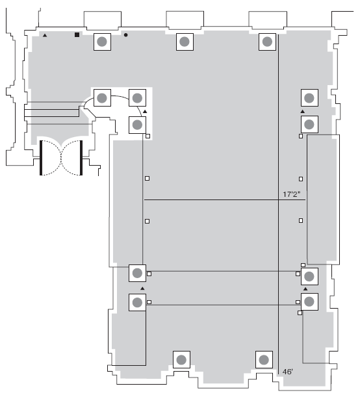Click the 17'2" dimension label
291,194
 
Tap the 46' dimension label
288,372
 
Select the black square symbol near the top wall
77,34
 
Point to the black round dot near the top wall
126,35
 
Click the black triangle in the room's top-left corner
45,36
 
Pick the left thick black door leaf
41,158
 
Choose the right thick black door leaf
81,158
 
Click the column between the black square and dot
102,42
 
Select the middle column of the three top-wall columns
185,42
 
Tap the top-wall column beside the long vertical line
267,42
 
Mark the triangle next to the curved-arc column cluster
145,111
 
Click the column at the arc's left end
102,97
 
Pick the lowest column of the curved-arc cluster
138,125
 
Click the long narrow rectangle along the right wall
324,199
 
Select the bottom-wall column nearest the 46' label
264,359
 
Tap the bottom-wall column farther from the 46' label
181,359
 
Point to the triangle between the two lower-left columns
142,288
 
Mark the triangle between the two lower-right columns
305,289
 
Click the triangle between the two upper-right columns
303,111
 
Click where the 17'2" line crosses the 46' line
279,199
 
